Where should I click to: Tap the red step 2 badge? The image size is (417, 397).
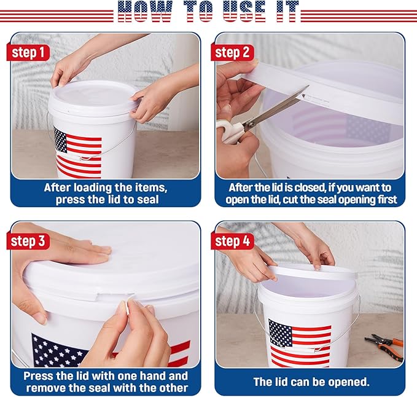(x=235, y=52)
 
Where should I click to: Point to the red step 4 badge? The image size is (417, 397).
(x=235, y=241)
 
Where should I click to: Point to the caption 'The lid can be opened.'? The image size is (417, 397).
(x=311, y=382)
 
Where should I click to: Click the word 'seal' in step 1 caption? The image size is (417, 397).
(x=146, y=200)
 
